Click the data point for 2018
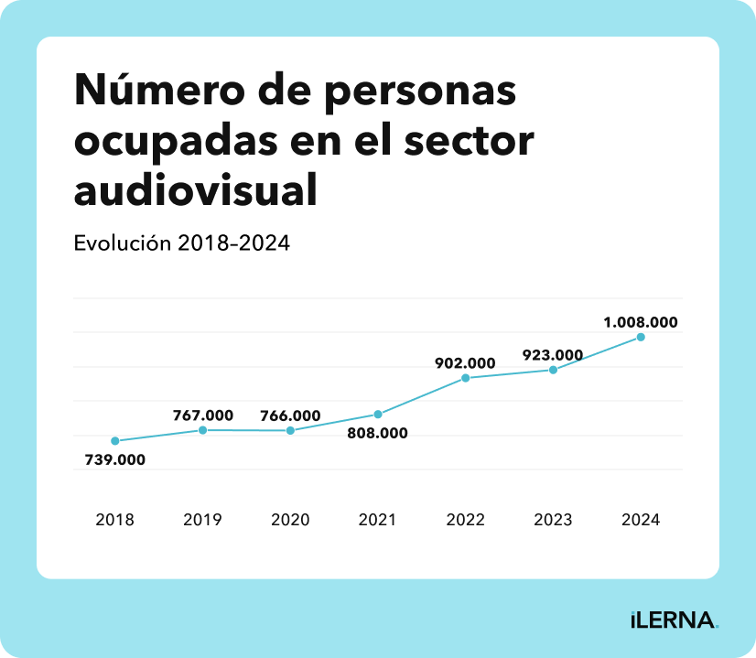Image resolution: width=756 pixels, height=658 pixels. tap(114, 441)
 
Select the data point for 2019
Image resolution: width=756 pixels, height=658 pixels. tap(202, 430)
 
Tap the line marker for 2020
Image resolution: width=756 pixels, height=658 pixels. tap(290, 430)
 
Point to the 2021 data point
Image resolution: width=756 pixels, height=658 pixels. tap(378, 415)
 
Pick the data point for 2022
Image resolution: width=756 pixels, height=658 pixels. tap(466, 378)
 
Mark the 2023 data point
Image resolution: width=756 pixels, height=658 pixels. tap(554, 370)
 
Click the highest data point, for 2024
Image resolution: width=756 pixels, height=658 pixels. tap(641, 337)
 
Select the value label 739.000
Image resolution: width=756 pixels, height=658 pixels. tap(115, 460)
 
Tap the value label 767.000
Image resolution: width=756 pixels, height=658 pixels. tap(203, 415)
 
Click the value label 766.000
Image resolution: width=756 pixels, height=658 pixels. tap(290, 415)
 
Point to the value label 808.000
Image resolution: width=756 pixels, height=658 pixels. tap(378, 434)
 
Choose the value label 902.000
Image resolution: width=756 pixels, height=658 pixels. tap(465, 363)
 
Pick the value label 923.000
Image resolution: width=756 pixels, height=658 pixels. tap(553, 355)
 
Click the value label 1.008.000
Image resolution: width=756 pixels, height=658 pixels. tap(641, 322)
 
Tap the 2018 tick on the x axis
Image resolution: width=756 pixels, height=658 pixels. tap(114, 520)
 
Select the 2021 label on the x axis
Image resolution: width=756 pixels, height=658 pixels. tap(378, 520)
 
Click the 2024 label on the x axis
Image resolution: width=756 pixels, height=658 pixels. tap(641, 520)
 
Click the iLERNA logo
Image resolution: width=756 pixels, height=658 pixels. tap(675, 620)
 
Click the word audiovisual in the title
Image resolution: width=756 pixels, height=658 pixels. tap(195, 190)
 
